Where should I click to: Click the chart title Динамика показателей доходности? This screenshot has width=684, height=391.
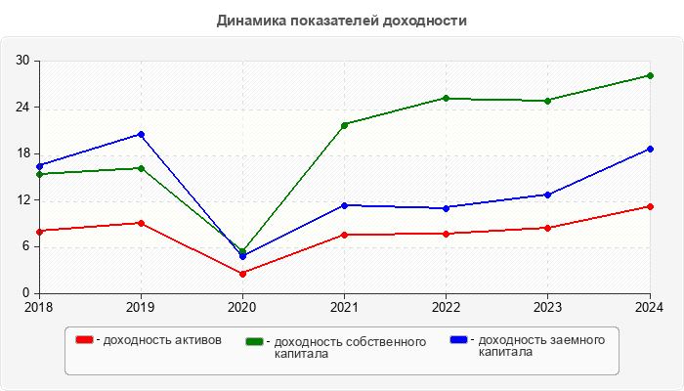(342, 20)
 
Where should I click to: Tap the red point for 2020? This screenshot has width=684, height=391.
(242, 273)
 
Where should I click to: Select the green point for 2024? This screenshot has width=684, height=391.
(650, 75)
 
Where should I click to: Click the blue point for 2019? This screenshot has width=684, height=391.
(141, 134)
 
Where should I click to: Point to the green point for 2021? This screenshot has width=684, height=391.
(344, 125)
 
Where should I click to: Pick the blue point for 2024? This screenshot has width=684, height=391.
(650, 149)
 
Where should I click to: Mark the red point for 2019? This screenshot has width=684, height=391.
(141, 223)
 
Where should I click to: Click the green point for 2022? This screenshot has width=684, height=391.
(446, 98)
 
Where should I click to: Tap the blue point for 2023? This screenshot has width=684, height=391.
(547, 195)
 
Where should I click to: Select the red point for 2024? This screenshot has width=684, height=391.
(650, 206)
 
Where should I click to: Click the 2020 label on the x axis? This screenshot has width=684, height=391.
(242, 307)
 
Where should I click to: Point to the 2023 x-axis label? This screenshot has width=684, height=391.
(547, 307)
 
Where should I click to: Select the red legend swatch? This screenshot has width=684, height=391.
(85, 340)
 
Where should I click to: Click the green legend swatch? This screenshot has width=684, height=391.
(255, 341)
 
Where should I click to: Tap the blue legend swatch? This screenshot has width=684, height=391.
(458, 340)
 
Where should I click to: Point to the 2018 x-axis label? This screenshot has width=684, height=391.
(39, 307)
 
